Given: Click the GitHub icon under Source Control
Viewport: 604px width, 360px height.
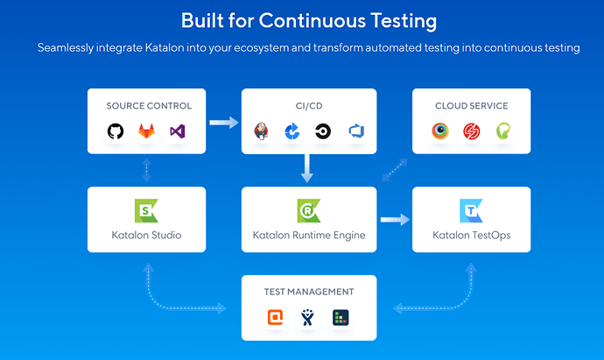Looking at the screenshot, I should tap(116, 131).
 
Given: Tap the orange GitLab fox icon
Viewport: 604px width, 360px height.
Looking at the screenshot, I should tap(146, 131).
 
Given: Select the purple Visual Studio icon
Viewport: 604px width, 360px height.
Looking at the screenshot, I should tap(178, 131).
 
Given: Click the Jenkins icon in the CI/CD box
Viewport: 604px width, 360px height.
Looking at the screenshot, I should tap(261, 131).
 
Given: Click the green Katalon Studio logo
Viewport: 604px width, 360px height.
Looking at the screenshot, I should tap(146, 209).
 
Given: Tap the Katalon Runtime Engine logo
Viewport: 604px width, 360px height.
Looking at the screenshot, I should tap(308, 209).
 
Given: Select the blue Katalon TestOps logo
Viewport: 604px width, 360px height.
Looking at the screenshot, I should tap(471, 209).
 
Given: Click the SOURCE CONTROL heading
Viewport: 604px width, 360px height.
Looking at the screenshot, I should tap(149, 106).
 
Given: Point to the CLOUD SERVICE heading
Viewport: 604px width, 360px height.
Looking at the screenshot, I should tap(471, 106).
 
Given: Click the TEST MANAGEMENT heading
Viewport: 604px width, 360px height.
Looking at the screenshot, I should tap(309, 292).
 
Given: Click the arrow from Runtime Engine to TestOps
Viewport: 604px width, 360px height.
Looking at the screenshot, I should tap(395, 220).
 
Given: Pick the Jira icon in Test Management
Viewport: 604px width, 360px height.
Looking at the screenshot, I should tap(308, 318).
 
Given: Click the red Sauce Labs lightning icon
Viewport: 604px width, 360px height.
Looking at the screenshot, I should tap(471, 131).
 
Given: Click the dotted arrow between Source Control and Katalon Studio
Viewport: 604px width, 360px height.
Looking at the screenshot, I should tap(146, 169).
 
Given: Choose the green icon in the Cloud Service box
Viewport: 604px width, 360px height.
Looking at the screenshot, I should tap(502, 131).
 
